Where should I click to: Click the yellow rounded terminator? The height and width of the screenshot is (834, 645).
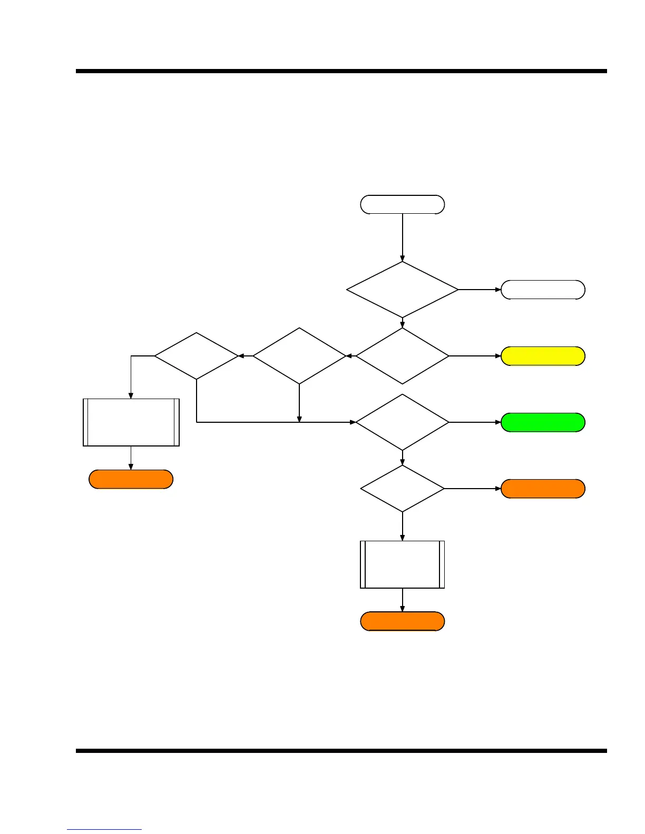pos(543,356)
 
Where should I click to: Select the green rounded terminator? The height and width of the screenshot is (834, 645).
pos(543,423)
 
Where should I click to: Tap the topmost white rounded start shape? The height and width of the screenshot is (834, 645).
pos(402,204)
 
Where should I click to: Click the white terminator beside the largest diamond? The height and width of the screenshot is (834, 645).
pos(543,290)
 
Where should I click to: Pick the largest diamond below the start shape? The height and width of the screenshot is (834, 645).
pos(402,290)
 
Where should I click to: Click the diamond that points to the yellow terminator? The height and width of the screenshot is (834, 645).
pos(402,356)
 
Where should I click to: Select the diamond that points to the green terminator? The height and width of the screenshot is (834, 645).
pos(402,422)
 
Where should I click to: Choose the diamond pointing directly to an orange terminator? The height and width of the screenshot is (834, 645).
pos(402,489)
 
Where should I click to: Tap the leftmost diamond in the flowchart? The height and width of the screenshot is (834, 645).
pos(196,356)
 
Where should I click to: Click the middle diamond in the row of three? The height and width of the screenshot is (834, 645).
pos(299,356)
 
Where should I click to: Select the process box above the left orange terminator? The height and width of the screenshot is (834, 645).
pos(131,422)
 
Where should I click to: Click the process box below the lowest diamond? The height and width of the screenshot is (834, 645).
pos(402,564)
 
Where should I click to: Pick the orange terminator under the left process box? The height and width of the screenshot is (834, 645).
pos(131,480)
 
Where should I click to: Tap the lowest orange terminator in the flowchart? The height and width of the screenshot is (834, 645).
pos(402,621)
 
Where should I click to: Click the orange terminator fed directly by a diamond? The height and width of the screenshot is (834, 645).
pos(543,489)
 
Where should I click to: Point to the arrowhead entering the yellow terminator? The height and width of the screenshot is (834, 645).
pos(498,356)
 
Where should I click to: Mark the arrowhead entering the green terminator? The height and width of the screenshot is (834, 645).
pos(498,422)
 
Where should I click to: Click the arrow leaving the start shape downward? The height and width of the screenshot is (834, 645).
pos(402,237)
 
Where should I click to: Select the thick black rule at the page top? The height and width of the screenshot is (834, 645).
pos(341,71)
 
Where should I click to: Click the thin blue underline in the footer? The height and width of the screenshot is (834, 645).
pos(104,830)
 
